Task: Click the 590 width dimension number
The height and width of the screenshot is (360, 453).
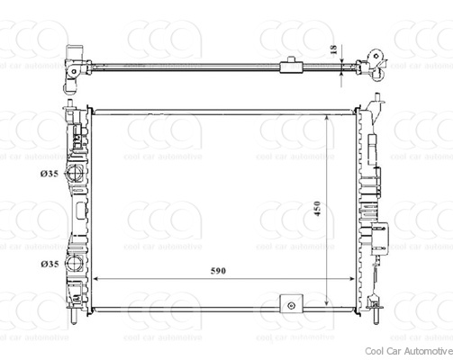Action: pyautogui.click(x=218, y=269)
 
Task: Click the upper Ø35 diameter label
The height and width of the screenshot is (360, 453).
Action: pyautogui.click(x=50, y=175)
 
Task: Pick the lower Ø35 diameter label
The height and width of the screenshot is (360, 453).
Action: pyautogui.click(x=50, y=264)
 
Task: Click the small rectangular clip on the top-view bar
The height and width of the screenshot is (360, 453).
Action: pyautogui.click(x=292, y=65)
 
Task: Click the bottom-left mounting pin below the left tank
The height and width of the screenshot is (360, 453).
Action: pyautogui.click(x=71, y=318)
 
